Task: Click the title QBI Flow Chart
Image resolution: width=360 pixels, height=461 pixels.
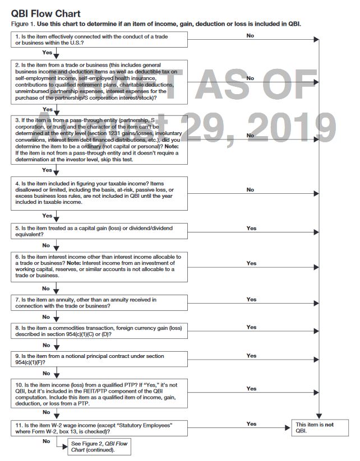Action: pos(45,13)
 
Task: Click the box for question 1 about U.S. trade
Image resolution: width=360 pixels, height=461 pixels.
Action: pos(99,39)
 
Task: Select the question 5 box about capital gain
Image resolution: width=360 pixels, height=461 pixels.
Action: pos(99,231)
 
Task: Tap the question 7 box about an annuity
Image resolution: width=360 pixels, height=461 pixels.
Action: pos(99,303)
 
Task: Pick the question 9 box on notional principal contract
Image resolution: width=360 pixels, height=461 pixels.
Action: pos(99,359)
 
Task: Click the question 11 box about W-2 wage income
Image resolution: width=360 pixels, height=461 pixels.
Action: pos(99,429)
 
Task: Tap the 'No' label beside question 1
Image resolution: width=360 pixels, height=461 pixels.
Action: pos(250,35)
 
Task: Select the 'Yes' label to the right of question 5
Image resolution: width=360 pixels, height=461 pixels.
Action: pos(251,228)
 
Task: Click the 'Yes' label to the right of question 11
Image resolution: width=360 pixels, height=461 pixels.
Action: pos(251,424)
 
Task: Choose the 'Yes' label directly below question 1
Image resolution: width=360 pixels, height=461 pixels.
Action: pos(47,53)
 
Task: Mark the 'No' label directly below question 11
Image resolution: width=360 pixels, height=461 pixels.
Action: pos(46,441)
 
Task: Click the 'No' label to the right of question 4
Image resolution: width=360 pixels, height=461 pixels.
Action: pos(250,190)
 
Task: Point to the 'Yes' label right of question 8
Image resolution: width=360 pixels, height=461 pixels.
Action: pos(251,327)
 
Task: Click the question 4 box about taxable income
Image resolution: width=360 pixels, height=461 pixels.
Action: pos(99,194)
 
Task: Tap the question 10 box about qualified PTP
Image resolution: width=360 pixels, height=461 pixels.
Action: pos(99,393)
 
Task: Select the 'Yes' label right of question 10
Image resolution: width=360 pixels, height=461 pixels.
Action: pos(251,388)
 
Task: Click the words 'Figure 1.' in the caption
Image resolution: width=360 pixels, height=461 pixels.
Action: pos(22,24)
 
